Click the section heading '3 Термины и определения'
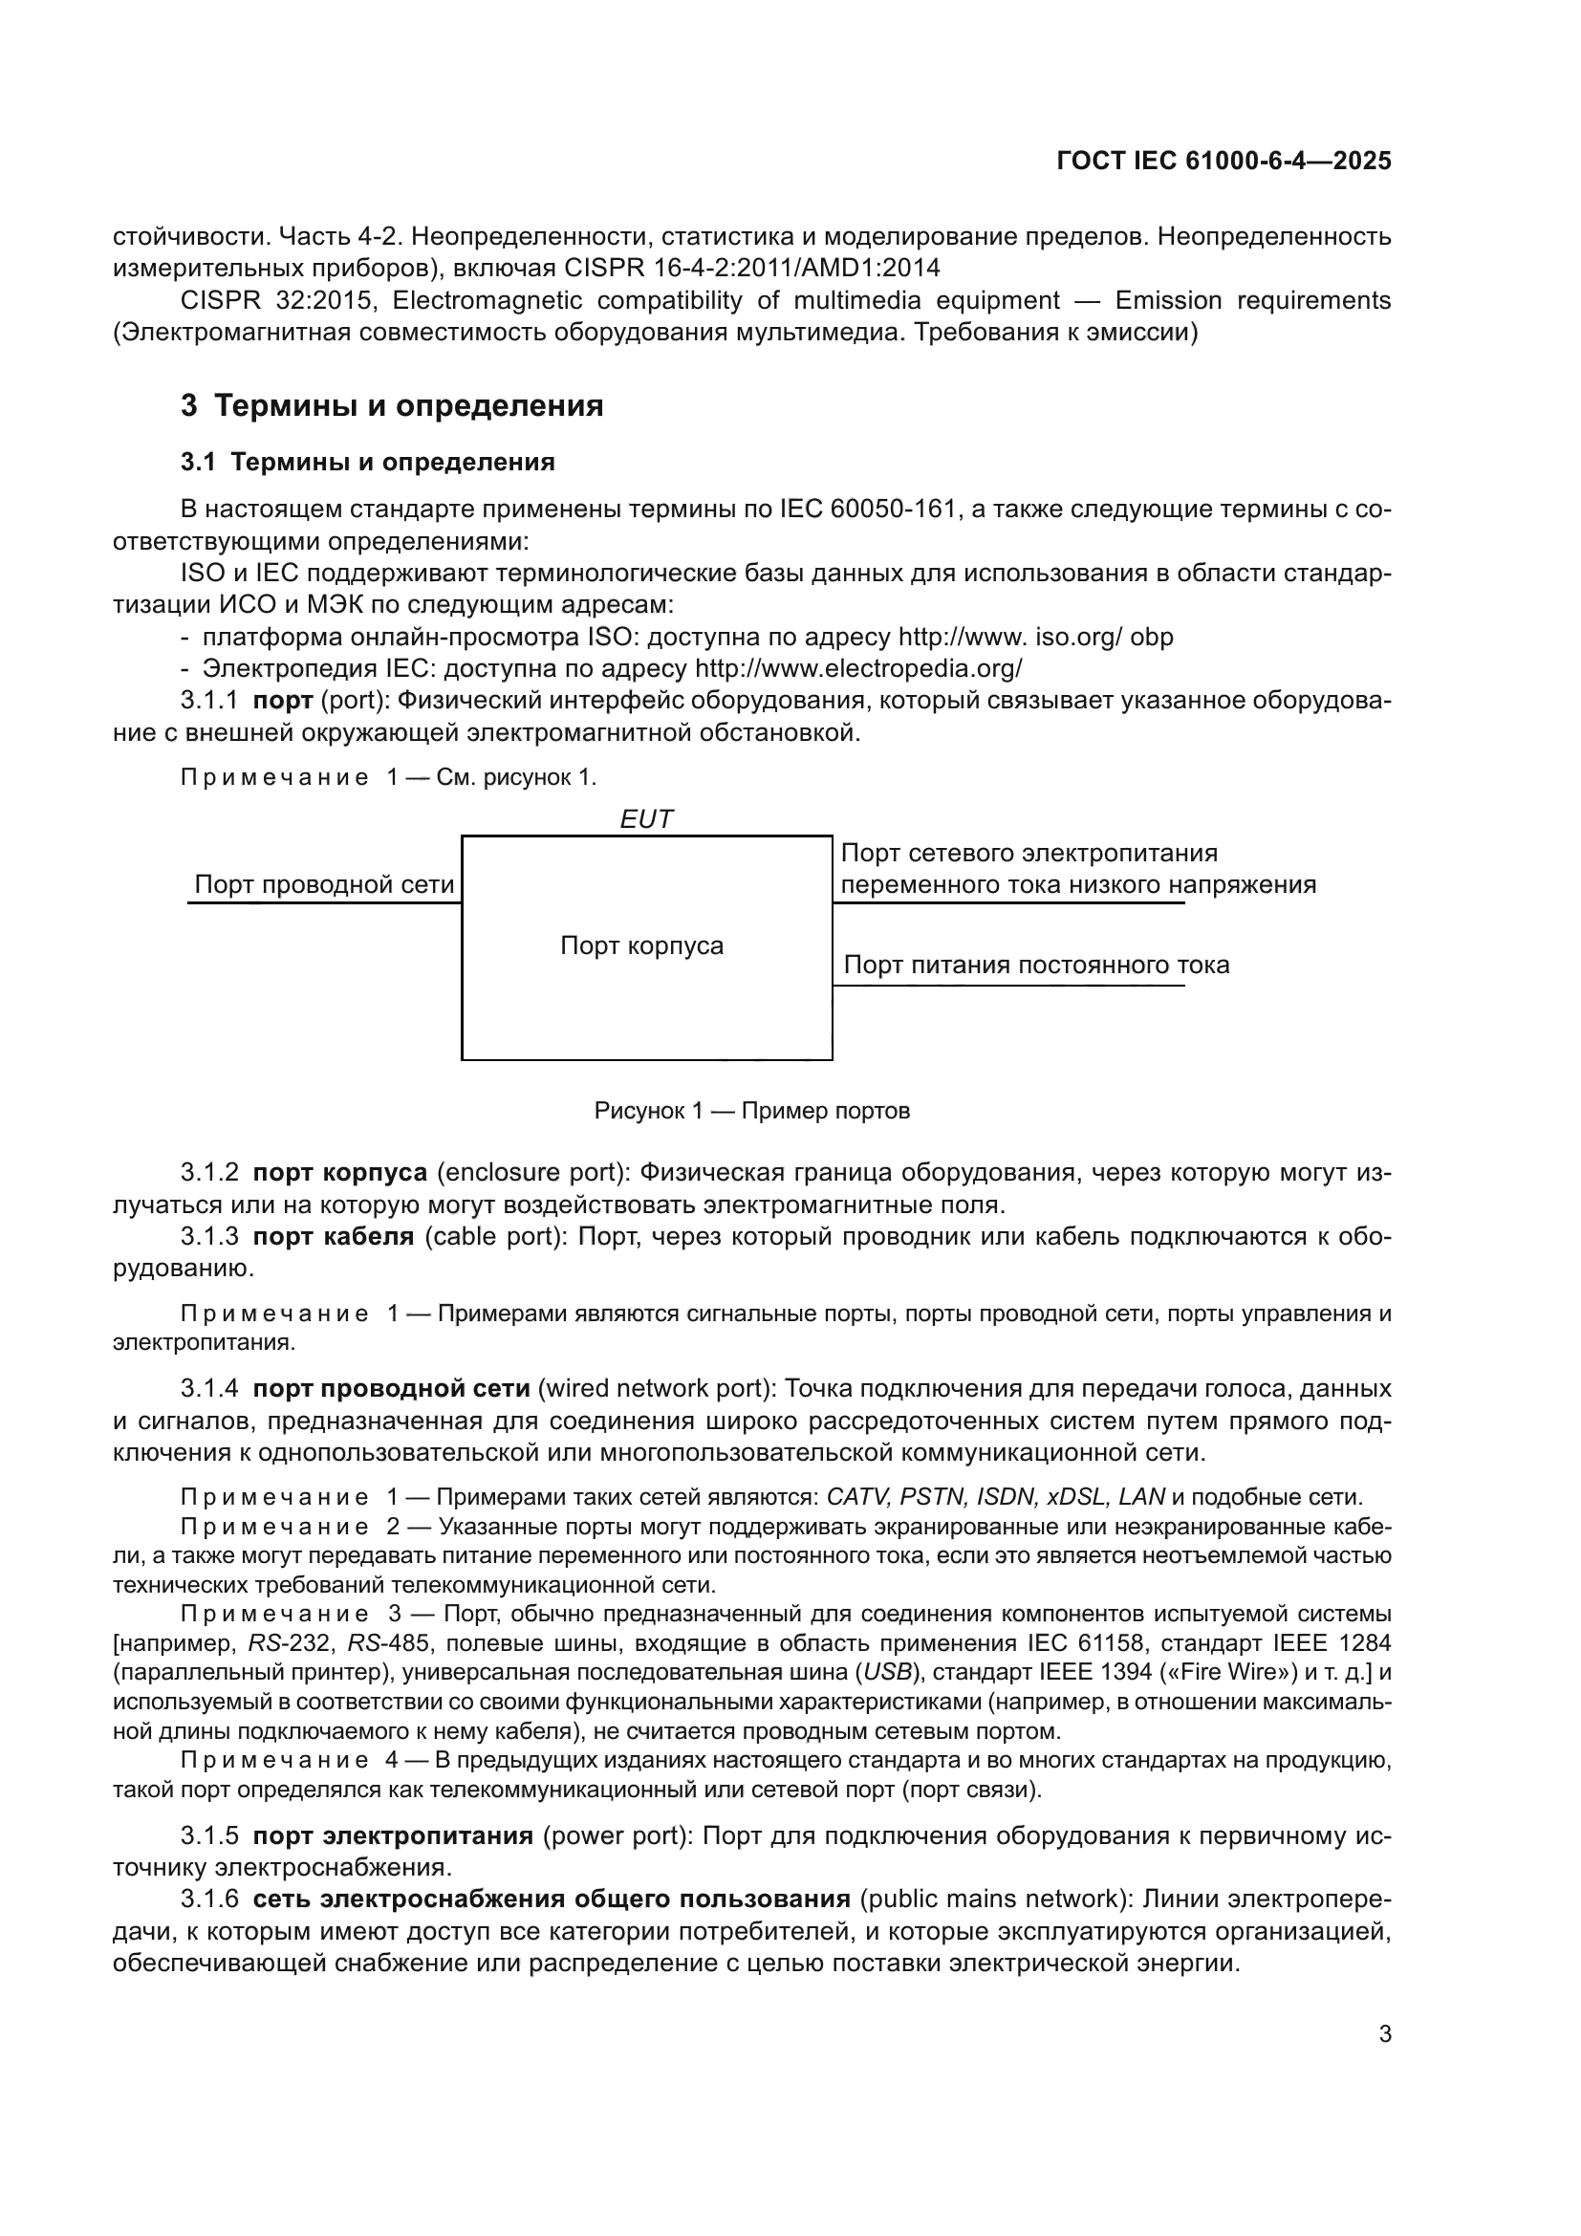pos(391,405)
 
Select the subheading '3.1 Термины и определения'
pos(367,462)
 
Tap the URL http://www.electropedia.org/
pos(857,669)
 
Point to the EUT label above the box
pos(645,819)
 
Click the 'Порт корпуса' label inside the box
pos(641,945)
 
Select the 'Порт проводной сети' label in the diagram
pos(324,884)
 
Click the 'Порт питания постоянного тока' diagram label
pos(1036,966)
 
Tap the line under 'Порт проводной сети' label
pos(324,903)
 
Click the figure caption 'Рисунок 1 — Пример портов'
pos(751,1111)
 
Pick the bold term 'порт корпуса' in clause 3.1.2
pos(339,1173)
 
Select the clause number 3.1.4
pos(208,1388)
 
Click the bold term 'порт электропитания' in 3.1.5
pos(392,1835)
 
